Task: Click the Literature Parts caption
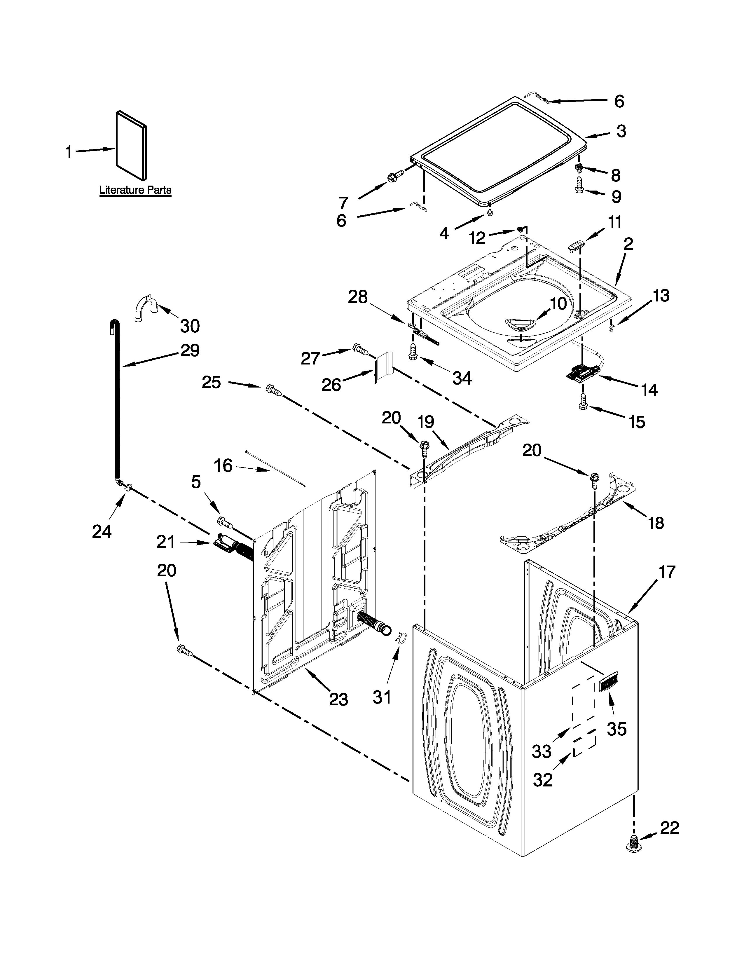tap(135, 191)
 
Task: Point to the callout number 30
tap(190, 326)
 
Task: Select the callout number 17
tap(667, 572)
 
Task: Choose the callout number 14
tap(649, 390)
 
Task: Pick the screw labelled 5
tap(224, 523)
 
